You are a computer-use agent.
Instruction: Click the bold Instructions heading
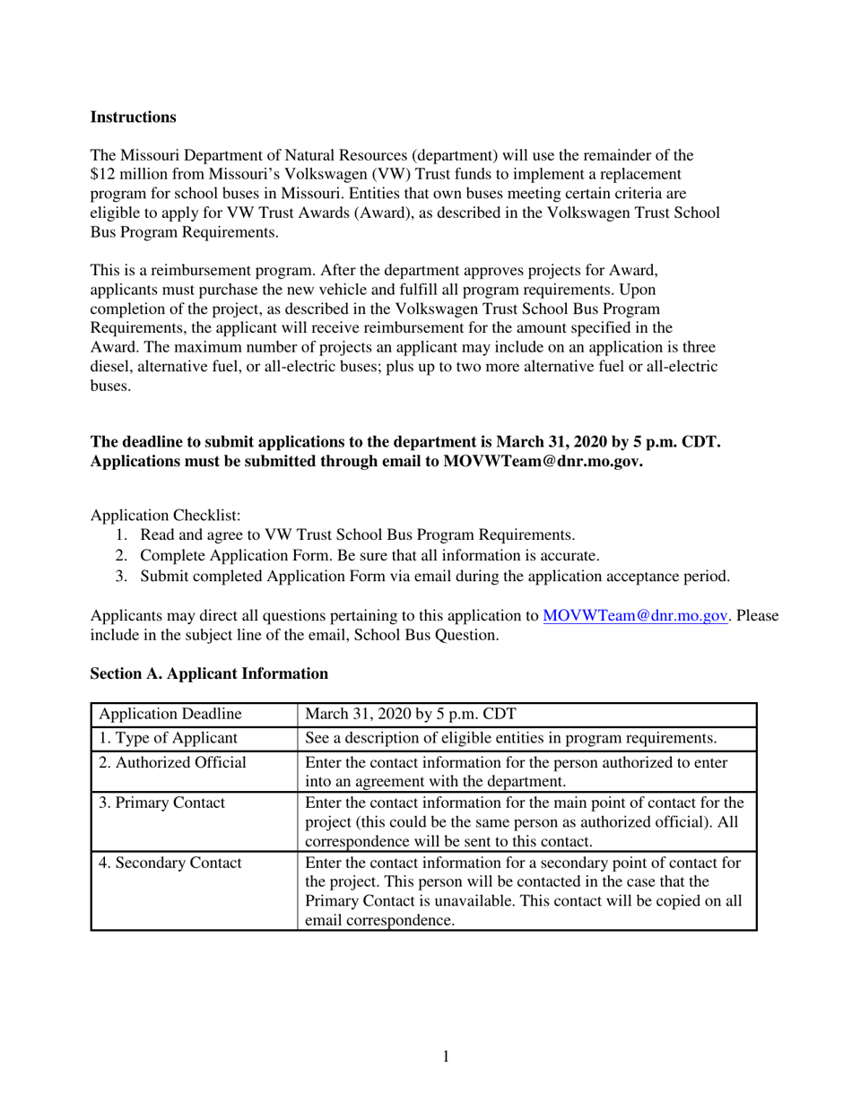[133, 117]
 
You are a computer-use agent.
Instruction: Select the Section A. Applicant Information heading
[209, 673]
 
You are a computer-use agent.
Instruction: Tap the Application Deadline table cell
[170, 715]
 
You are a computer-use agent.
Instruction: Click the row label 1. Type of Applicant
[168, 738]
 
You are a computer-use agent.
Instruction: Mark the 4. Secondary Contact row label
[170, 863]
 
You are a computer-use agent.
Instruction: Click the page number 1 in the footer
[446, 1057]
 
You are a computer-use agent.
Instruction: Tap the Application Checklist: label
[165, 516]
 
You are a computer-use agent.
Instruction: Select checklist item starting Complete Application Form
[369, 556]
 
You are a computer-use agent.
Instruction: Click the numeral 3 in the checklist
[120, 577]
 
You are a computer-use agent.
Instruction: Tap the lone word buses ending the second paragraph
[110, 386]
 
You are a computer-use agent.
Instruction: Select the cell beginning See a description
[510, 738]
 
